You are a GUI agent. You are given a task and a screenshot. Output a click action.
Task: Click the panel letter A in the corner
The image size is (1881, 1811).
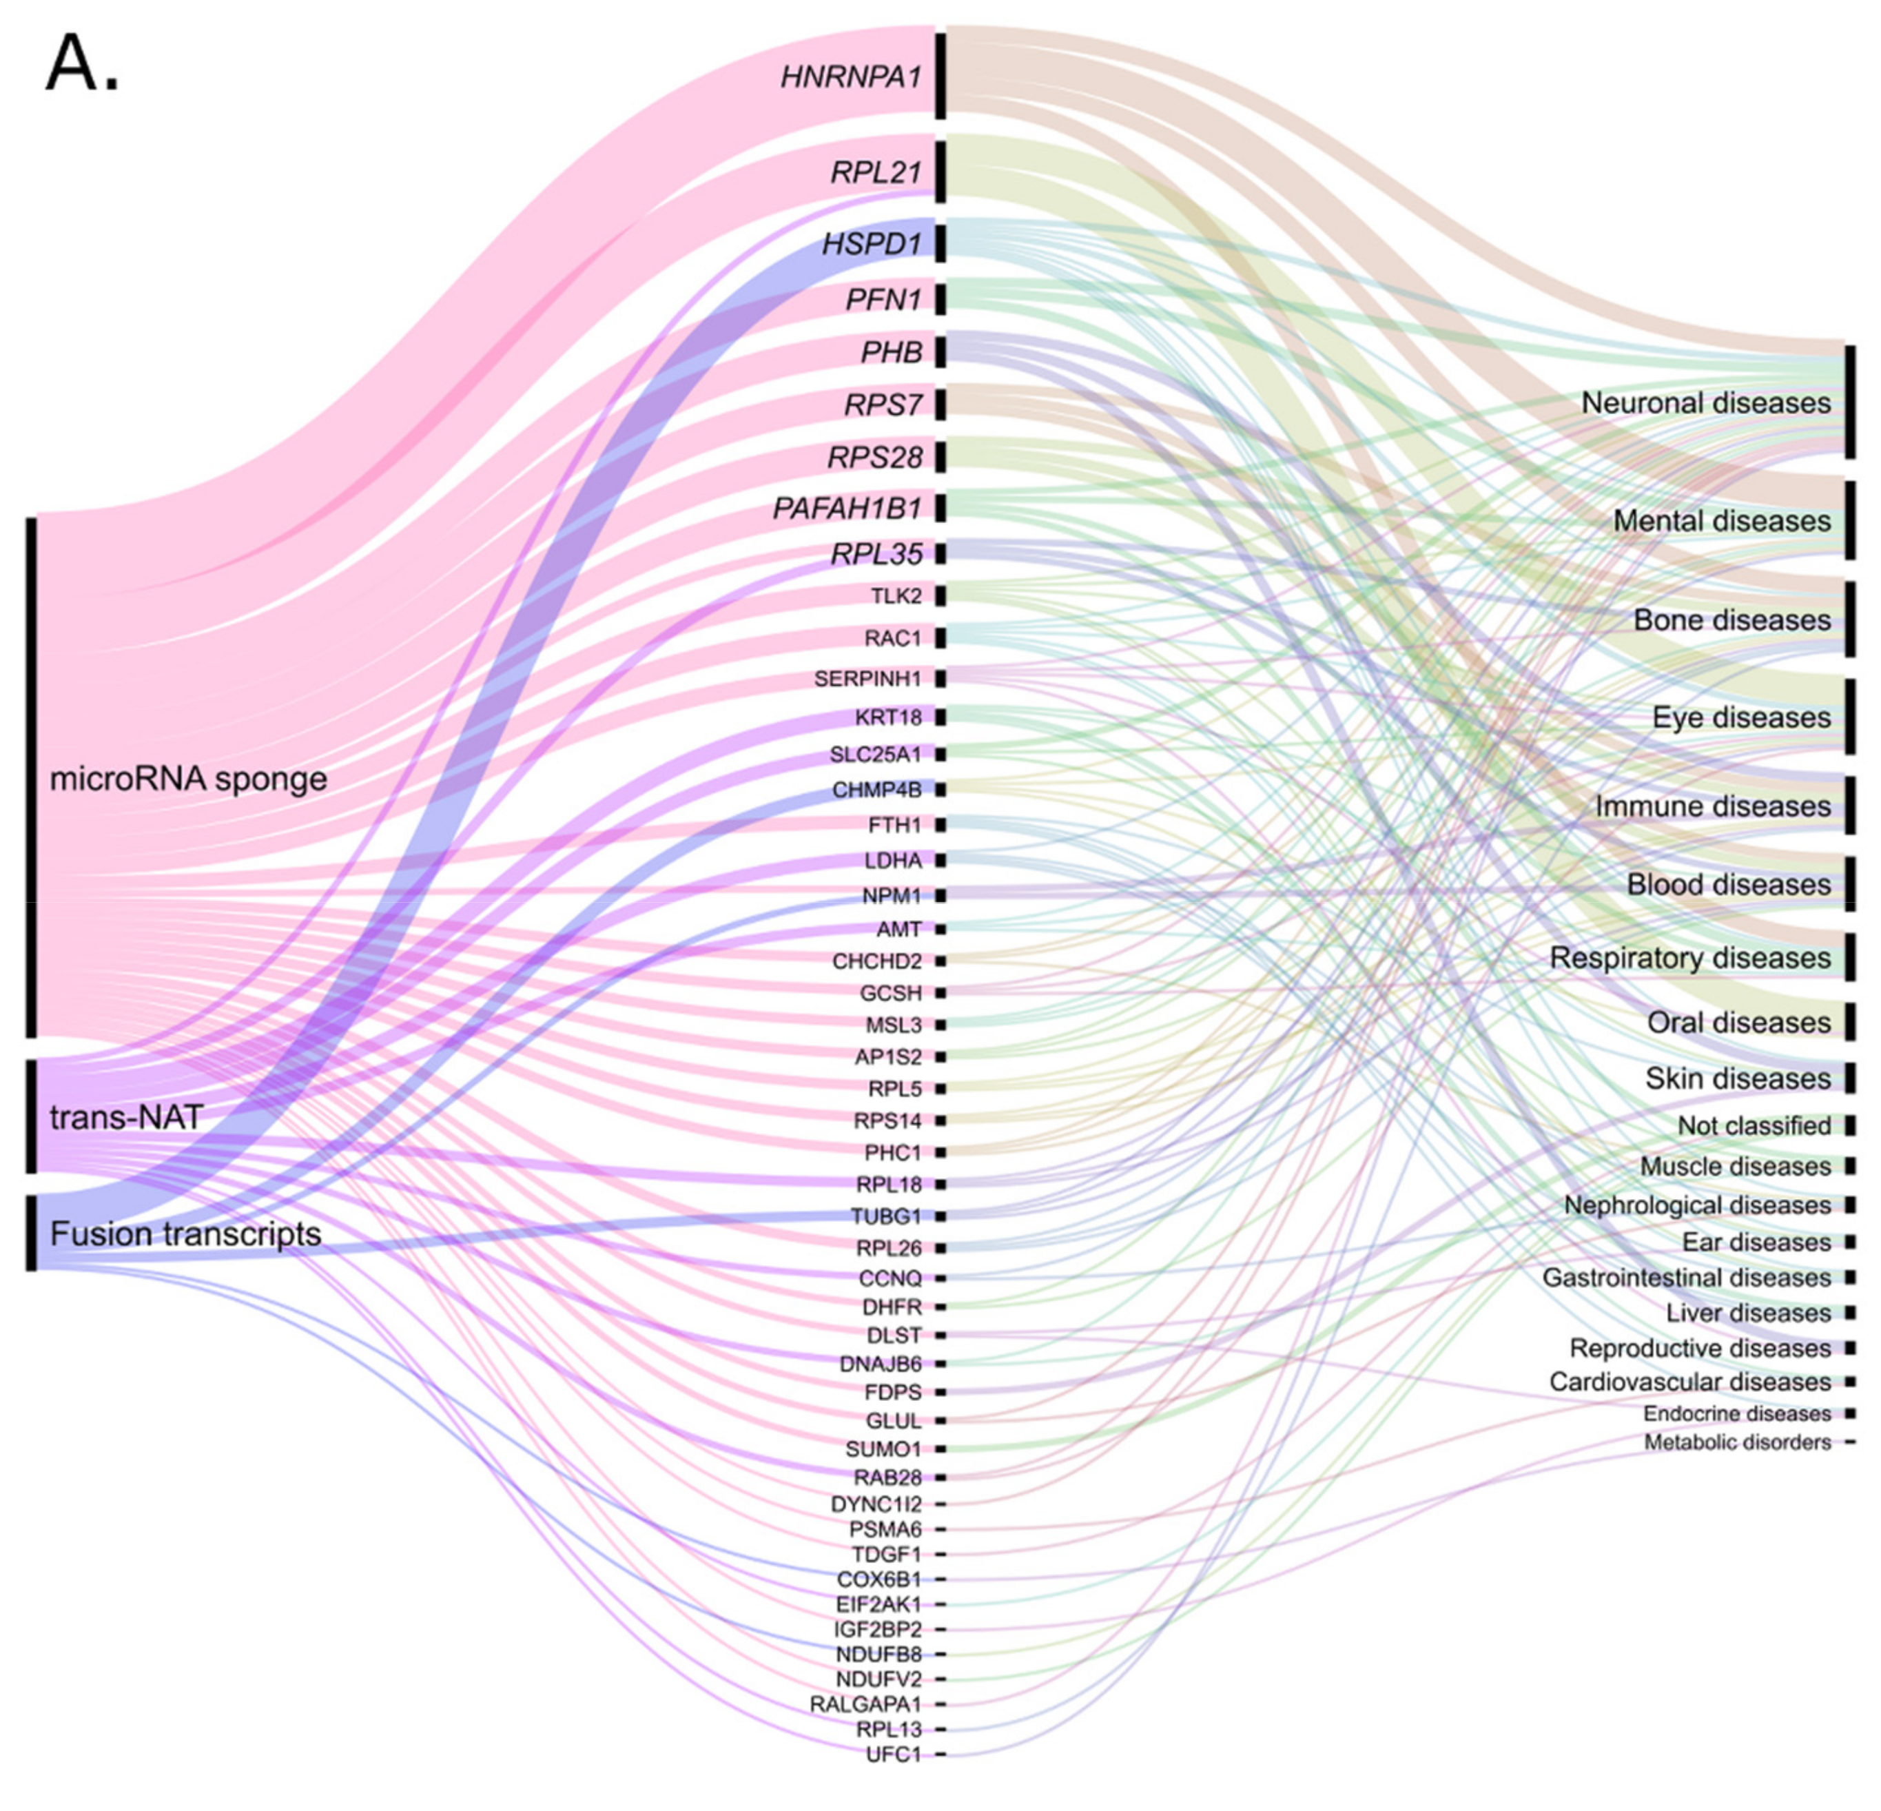pyautogui.click(x=81, y=65)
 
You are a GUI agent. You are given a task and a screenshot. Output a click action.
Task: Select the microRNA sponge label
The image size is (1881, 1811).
pyautogui.click(x=188, y=778)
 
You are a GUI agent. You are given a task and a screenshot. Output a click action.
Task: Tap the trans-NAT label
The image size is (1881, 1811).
pyautogui.click(x=127, y=1117)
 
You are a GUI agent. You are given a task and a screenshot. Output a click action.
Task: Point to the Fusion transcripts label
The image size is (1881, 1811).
pyautogui.click(x=185, y=1234)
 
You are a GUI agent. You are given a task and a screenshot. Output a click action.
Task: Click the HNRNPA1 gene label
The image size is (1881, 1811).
pyautogui.click(x=851, y=76)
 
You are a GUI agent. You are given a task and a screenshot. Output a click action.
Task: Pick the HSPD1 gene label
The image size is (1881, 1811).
pyautogui.click(x=870, y=244)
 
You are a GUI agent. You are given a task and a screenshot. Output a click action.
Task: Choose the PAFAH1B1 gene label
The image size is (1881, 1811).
pyautogui.click(x=847, y=508)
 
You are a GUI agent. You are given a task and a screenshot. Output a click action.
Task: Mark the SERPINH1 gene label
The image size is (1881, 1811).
pyautogui.click(x=867, y=679)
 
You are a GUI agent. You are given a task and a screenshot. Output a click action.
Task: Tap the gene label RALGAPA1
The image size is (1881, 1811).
pyautogui.click(x=865, y=1704)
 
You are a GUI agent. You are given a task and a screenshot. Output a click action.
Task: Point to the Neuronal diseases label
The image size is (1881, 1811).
pyautogui.click(x=1705, y=403)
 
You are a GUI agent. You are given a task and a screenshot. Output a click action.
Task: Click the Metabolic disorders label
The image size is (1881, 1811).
pyautogui.click(x=1737, y=1442)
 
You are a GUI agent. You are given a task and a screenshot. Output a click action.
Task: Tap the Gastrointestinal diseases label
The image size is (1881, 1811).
pyautogui.click(x=1686, y=1278)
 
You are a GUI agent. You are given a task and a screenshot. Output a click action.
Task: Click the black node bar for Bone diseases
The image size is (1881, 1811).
pyautogui.click(x=1849, y=618)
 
